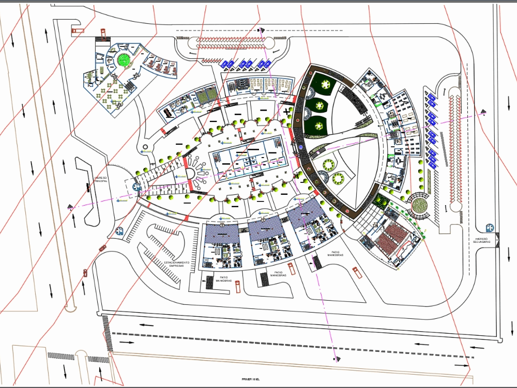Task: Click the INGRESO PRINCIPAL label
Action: (101, 180)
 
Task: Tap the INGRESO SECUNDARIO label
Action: (482, 241)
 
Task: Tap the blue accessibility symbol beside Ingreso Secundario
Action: (489, 227)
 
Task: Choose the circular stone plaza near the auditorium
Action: (419, 205)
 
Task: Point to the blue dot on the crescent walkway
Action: (301, 147)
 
